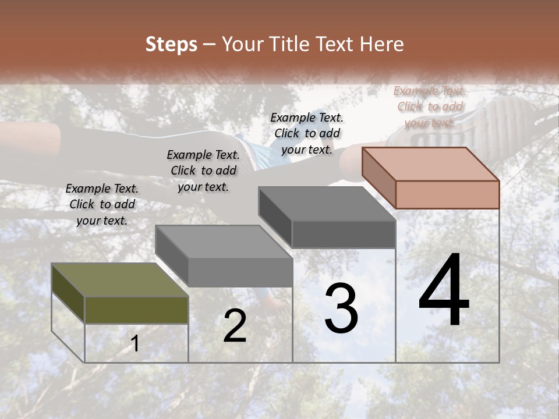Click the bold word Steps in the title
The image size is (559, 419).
pos(171,44)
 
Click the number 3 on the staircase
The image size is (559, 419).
pos(341,308)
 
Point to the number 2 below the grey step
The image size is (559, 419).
pos(235,325)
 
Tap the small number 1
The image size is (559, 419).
pos(135,344)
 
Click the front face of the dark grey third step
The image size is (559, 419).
pos(344,235)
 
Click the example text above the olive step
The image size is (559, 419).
pos(102,204)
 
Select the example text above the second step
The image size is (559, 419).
pos(203,171)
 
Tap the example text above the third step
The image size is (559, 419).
pos(307,133)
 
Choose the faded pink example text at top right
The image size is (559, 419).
pos(430,106)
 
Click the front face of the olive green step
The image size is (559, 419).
pos(136,310)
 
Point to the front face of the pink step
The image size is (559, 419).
pos(447,194)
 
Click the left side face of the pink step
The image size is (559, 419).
pos(378,177)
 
